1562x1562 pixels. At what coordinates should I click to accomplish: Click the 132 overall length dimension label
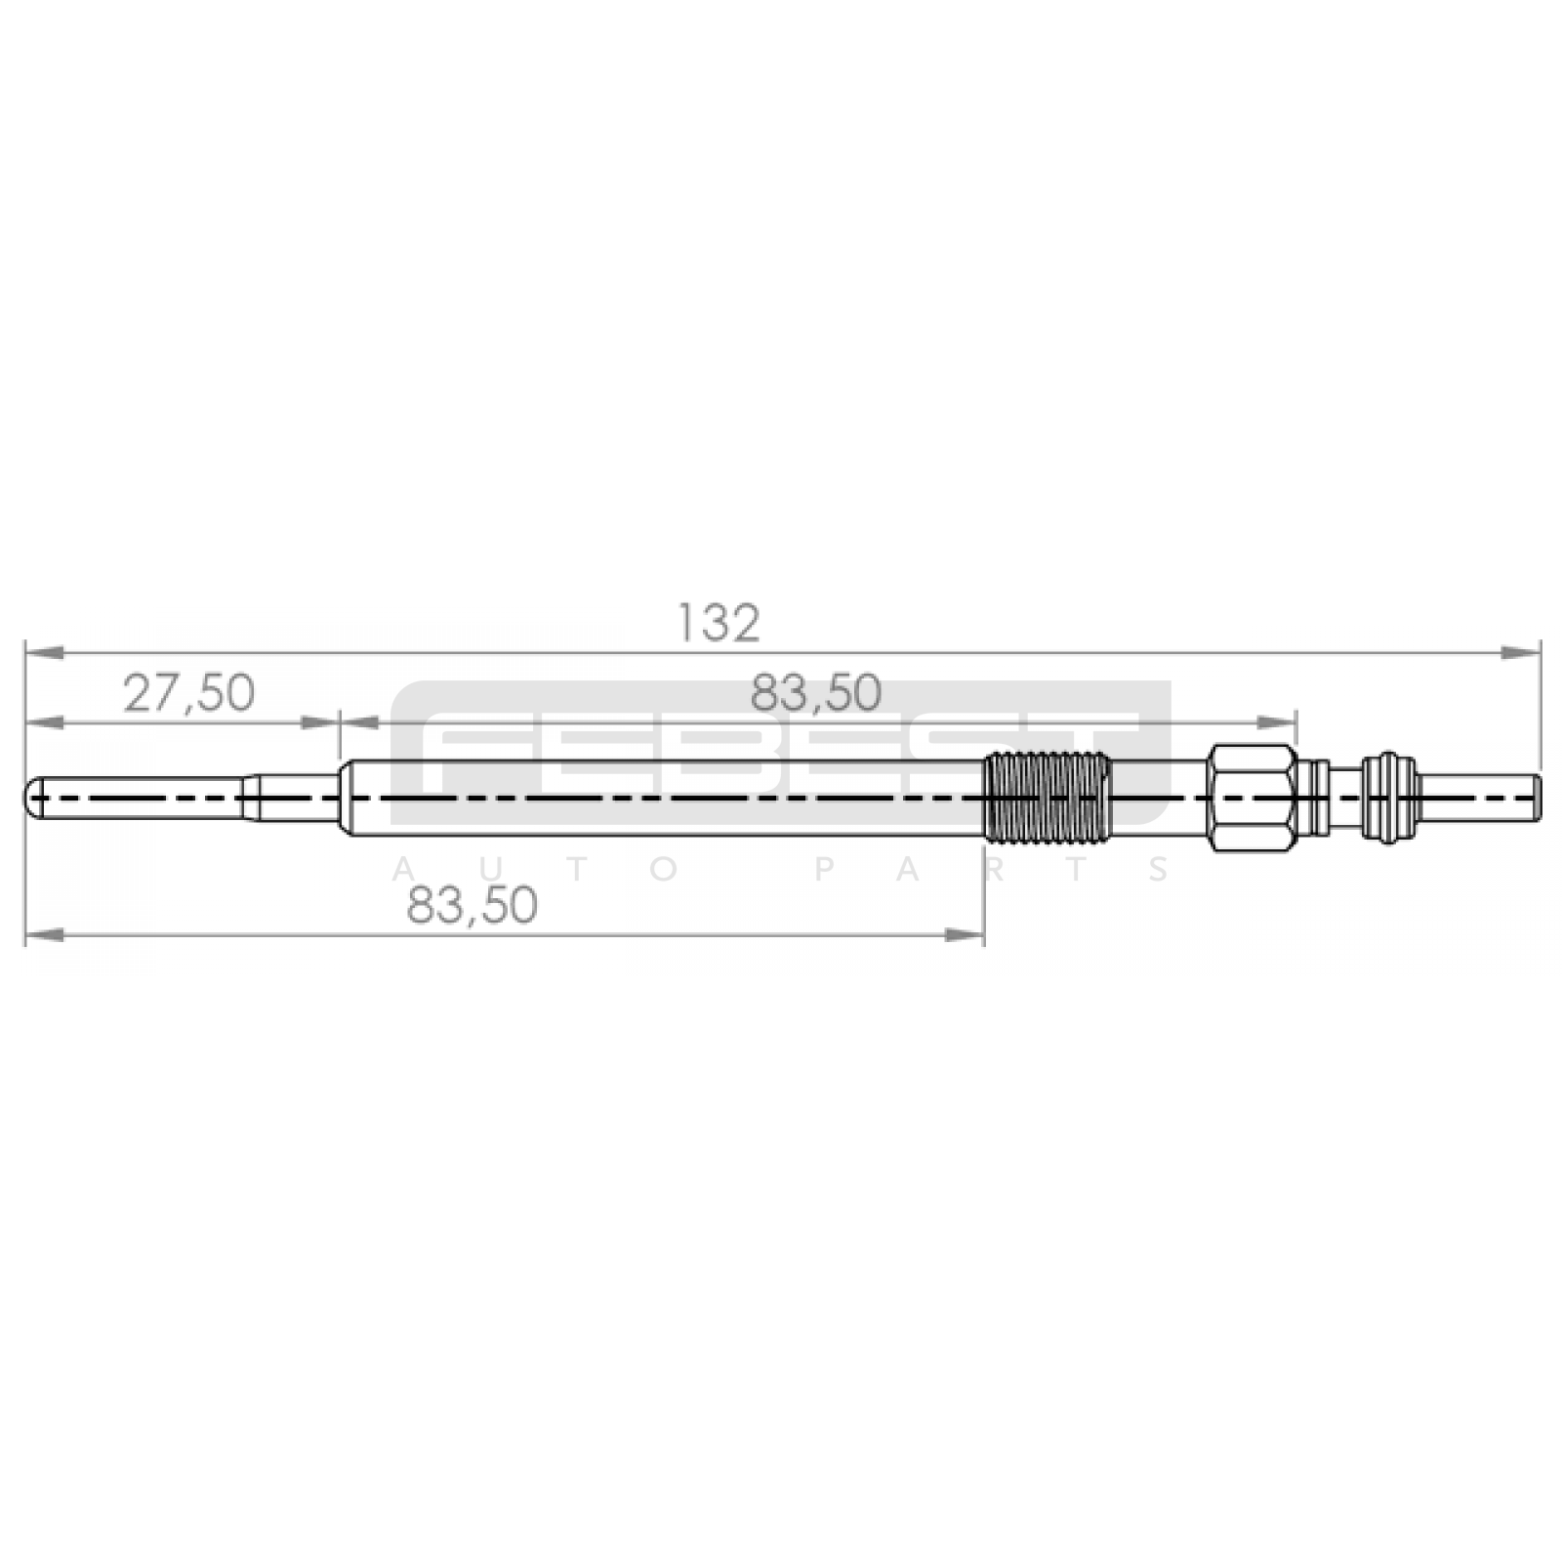click(719, 623)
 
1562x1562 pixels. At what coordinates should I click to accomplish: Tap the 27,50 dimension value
click(188, 693)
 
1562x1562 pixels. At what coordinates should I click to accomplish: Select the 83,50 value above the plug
click(816, 693)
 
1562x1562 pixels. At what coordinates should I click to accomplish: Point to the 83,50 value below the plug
click(473, 905)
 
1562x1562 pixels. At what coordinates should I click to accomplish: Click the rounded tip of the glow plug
click(33, 797)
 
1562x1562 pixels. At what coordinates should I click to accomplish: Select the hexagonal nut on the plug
click(1254, 797)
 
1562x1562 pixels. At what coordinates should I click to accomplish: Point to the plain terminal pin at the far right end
click(1479, 797)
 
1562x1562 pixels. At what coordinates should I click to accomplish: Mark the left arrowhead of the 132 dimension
click(45, 650)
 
